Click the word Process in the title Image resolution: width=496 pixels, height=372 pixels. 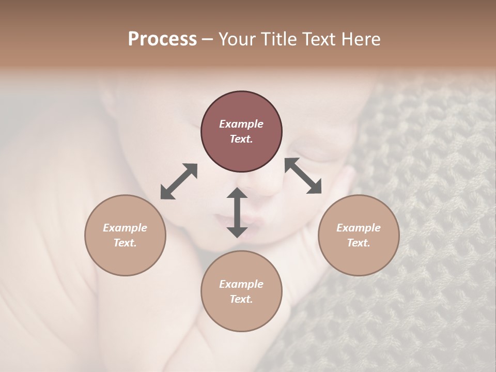click(162, 39)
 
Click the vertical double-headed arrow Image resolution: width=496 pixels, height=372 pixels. click(237, 213)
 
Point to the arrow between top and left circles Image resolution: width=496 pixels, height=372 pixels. click(179, 181)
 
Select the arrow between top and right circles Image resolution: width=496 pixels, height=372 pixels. click(303, 176)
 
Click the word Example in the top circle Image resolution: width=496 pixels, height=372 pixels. click(241, 124)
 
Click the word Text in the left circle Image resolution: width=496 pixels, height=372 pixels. click(125, 243)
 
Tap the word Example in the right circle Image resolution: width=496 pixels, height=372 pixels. click(359, 228)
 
